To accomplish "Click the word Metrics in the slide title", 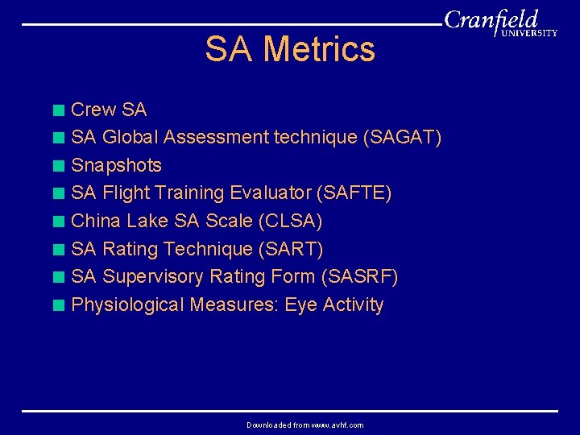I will pos(319,49).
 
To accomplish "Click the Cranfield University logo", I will pos(500,24).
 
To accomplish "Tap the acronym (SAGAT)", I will pos(403,138).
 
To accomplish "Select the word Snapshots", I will pos(116,166).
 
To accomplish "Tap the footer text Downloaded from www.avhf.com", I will pos(304,425).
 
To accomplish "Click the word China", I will pos(96,222).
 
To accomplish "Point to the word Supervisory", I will pos(153,277).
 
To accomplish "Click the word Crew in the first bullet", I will pos(93,110).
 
